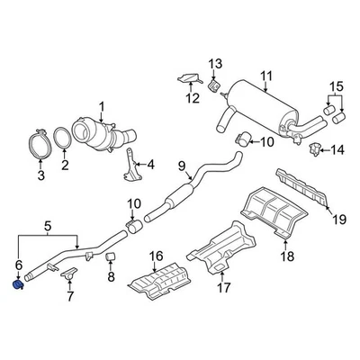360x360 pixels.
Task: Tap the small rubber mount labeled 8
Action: (x=111, y=261)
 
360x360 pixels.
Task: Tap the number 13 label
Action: (x=213, y=62)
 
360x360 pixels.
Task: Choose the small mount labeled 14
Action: (x=316, y=149)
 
